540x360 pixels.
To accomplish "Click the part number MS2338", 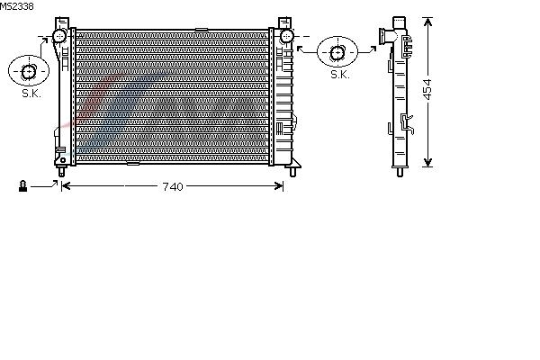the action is click(x=16, y=6).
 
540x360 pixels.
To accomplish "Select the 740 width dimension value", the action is click(x=173, y=186).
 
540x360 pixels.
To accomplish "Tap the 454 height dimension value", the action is click(x=427, y=90).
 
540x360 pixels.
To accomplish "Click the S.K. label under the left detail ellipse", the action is click(x=31, y=94).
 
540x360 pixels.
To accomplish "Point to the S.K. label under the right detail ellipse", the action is click(x=340, y=75).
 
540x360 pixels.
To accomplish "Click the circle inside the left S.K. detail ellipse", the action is click(x=28, y=72).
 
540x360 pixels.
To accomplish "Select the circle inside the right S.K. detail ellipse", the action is click(x=337, y=53).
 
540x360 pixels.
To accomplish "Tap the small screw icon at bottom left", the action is click(x=22, y=186).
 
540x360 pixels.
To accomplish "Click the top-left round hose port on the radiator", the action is click(x=59, y=36).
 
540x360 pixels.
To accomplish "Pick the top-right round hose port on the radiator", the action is click(x=286, y=36).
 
